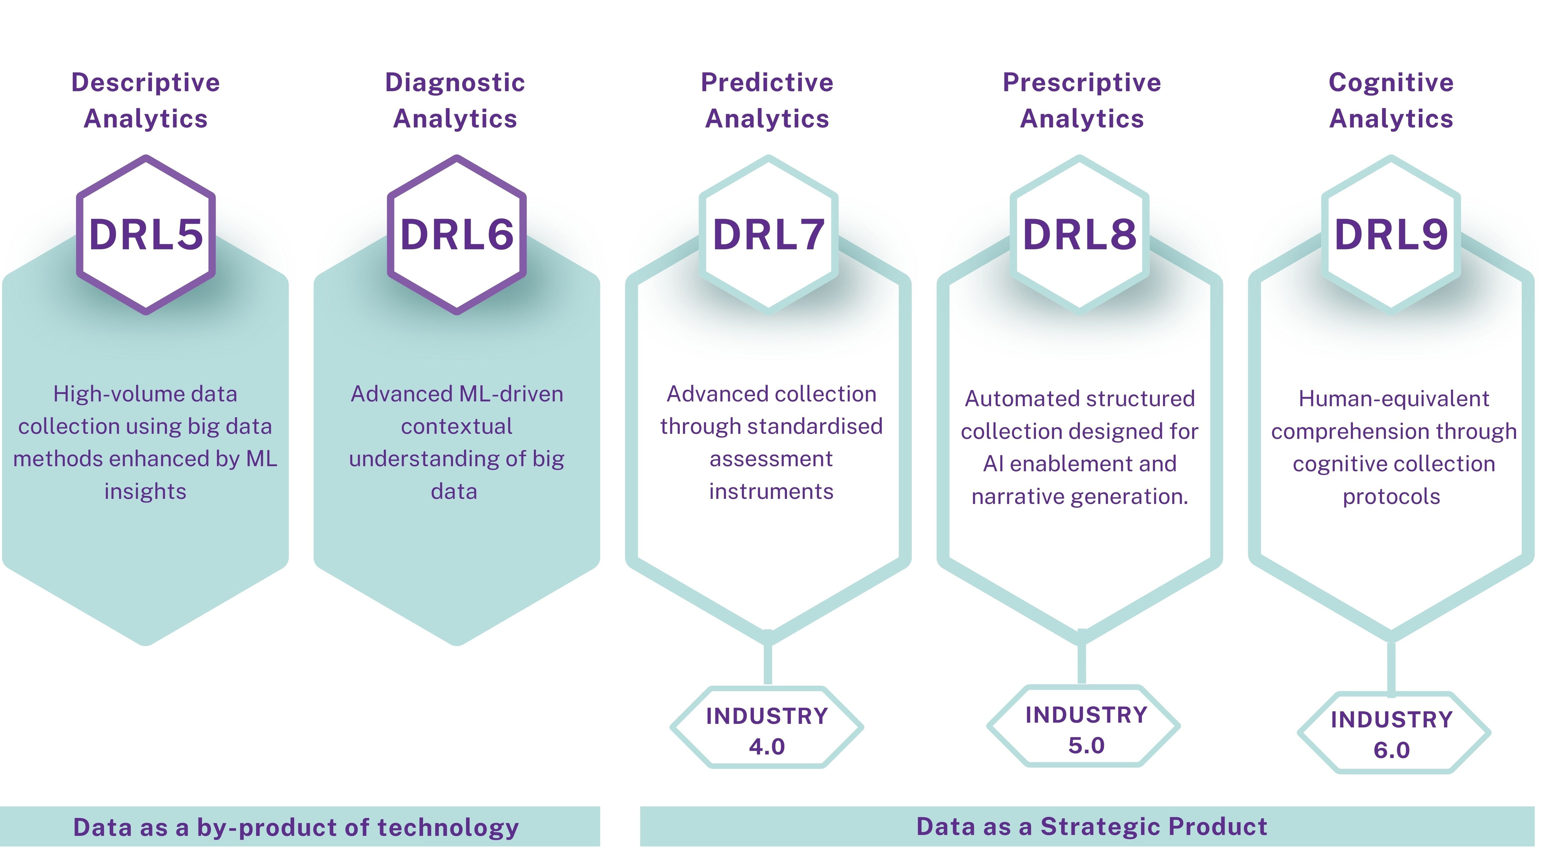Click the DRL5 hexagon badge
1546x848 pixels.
click(146, 235)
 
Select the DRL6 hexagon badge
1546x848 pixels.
click(457, 235)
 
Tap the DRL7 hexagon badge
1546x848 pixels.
click(768, 235)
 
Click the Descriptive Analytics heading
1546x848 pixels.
click(146, 100)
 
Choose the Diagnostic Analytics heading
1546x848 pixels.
click(455, 100)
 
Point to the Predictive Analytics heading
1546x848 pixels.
click(767, 100)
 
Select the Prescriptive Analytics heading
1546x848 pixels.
click(1082, 100)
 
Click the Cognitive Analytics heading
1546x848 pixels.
click(1391, 100)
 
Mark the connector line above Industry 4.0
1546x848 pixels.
click(768, 663)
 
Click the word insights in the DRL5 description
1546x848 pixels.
click(145, 492)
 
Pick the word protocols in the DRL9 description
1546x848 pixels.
click(1391, 497)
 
